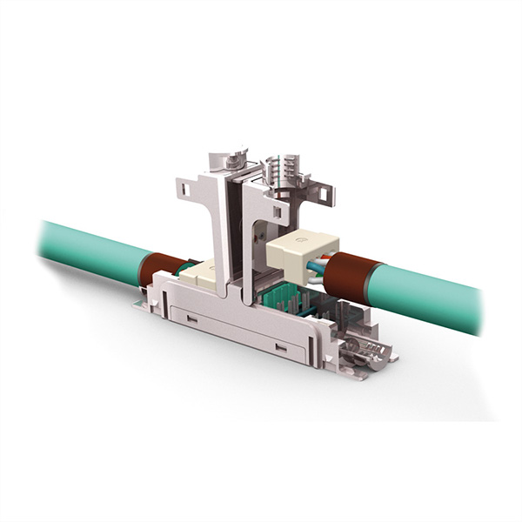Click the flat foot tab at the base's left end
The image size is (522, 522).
tap(139, 304)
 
